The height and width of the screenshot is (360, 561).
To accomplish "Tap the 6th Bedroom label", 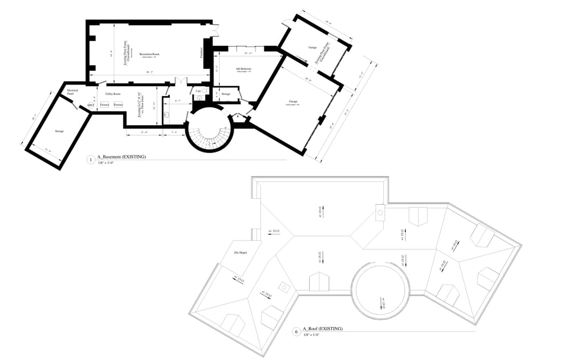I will coord(244,69).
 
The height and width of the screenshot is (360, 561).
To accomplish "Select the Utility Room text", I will coord(113,94).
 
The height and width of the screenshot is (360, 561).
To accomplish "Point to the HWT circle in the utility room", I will coord(90,105).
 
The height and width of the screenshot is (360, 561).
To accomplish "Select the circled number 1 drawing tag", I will coord(91,160).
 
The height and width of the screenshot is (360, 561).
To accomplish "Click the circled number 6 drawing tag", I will coord(296,331).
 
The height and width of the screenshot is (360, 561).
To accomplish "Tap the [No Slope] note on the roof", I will coord(240,252).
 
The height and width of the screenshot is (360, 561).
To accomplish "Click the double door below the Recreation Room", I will coord(180,81).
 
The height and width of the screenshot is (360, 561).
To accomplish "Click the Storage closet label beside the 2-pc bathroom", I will coord(225,94).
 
